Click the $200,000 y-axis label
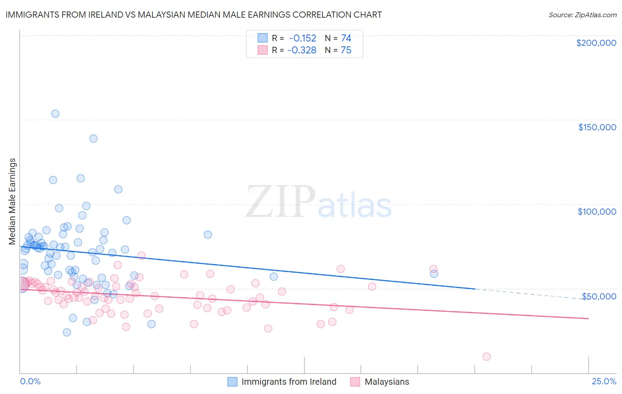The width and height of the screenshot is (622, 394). pyautogui.click(x=596, y=43)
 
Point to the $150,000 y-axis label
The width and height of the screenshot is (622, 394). pyautogui.click(x=597, y=127)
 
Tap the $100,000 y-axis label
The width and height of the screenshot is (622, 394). pyautogui.click(x=597, y=212)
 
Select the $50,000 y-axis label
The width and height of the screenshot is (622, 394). pyautogui.click(x=599, y=296)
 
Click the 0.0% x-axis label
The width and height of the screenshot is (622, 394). pyautogui.click(x=30, y=381)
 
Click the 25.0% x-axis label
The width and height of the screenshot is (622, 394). pyautogui.click(x=604, y=381)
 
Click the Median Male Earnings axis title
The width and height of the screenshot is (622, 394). pyautogui.click(x=12, y=201)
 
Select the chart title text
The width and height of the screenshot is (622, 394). pyautogui.click(x=193, y=15)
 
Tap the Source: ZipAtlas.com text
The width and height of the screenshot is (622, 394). pyautogui.click(x=582, y=15)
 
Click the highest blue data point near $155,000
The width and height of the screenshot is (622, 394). pyautogui.click(x=55, y=114)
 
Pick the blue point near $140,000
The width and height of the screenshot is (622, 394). pyautogui.click(x=93, y=138)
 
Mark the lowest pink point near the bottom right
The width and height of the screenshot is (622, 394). pyautogui.click(x=487, y=356)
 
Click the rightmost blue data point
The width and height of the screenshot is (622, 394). pyautogui.click(x=434, y=274)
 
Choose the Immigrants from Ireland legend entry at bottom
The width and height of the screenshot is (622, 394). pyautogui.click(x=288, y=382)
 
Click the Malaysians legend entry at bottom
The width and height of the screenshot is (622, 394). pyautogui.click(x=387, y=382)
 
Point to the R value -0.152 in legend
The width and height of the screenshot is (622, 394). pyautogui.click(x=302, y=38)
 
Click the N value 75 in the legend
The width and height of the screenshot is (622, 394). pyautogui.click(x=346, y=50)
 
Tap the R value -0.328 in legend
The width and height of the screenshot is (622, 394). pyautogui.click(x=301, y=50)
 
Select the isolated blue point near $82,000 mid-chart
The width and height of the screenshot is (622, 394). pyautogui.click(x=208, y=235)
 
